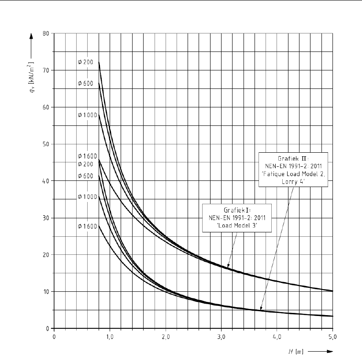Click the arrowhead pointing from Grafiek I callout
click(228, 265)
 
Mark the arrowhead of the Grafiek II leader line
click(261, 309)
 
